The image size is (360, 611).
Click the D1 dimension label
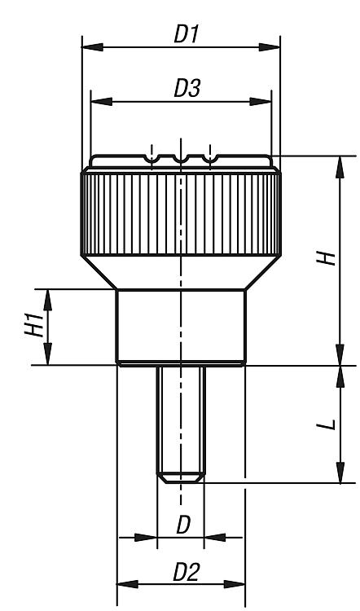(x=187, y=35)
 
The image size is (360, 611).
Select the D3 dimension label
(x=187, y=89)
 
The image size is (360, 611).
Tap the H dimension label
(x=327, y=258)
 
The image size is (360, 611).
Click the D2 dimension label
(x=187, y=573)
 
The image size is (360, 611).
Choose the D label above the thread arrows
(x=183, y=526)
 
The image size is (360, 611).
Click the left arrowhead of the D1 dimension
(x=93, y=47)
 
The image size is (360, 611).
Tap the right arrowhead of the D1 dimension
(x=270, y=47)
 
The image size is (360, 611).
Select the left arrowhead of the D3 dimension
(x=101, y=102)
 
